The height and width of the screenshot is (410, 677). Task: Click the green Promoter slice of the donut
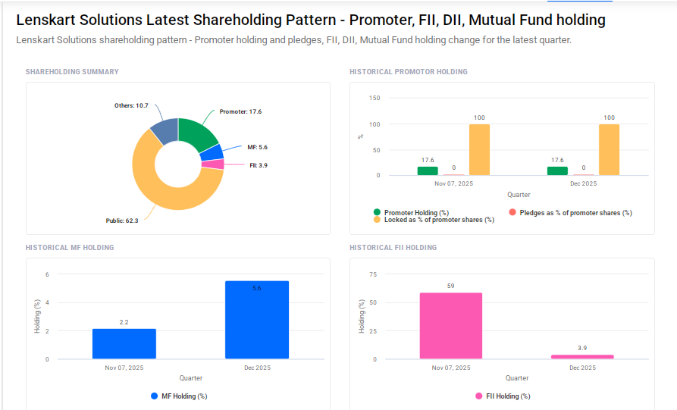click(197, 134)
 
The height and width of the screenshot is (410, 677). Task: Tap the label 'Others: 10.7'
click(131, 106)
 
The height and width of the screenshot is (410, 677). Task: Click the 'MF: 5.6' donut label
click(258, 147)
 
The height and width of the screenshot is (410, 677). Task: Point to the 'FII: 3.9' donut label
click(259, 165)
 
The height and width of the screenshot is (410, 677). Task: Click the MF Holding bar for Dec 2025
click(257, 320)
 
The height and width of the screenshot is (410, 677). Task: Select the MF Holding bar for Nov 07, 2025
click(124, 343)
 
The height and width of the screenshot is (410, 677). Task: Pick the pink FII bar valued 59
click(450, 326)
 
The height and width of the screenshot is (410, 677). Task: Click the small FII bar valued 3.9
click(582, 356)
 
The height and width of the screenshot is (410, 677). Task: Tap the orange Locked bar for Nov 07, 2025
click(479, 149)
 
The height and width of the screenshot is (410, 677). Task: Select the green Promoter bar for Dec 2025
click(557, 171)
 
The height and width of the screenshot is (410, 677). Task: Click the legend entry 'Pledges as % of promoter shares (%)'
click(575, 213)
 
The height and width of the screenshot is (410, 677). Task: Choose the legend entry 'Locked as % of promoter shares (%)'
click(438, 220)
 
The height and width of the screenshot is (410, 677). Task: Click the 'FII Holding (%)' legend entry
click(507, 396)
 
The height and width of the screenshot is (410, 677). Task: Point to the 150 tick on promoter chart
click(374, 98)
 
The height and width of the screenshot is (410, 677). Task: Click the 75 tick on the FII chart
click(372, 274)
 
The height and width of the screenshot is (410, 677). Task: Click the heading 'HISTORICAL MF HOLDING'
click(70, 248)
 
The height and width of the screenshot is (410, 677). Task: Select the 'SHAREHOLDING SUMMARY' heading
click(72, 72)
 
